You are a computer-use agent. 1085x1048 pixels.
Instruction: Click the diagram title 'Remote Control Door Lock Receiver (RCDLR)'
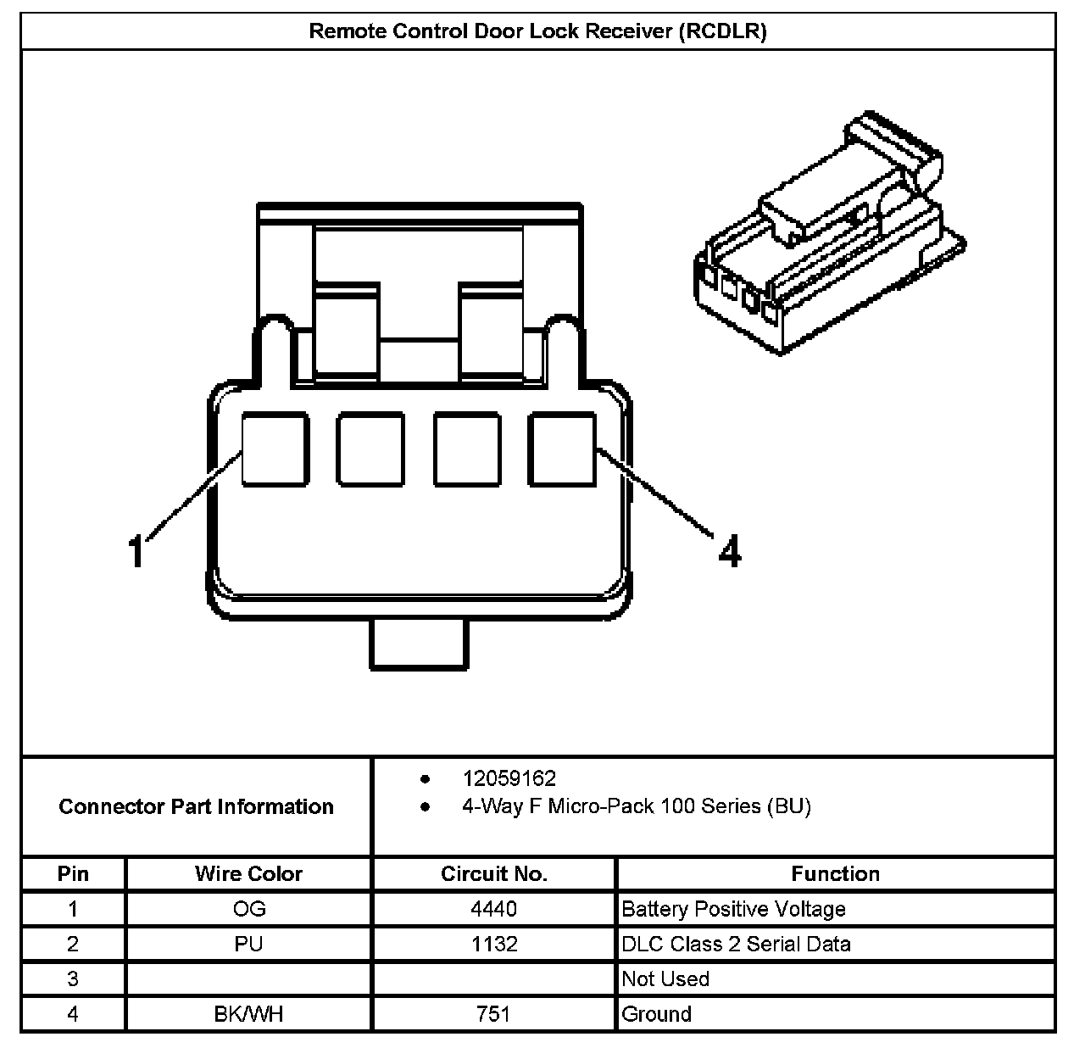537,31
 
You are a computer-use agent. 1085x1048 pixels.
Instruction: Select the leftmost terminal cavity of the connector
274,449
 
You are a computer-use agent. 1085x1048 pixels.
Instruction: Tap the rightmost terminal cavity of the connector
563,449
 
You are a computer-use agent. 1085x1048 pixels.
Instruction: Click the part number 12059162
509,778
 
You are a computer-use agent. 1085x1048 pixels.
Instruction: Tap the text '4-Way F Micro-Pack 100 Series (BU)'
636,806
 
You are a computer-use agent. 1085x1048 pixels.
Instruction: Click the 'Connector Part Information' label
196,806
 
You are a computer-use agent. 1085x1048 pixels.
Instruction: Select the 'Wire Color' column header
248,874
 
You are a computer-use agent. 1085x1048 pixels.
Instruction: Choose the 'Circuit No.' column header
494,874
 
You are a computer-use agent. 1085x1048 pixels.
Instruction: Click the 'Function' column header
835,874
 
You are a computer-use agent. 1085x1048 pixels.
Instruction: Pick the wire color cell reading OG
248,910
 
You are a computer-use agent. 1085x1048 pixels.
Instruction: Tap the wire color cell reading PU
248,945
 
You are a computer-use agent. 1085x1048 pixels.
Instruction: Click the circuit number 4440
494,910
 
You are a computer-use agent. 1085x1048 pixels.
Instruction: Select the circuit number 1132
494,945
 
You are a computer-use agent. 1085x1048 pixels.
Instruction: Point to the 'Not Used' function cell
665,979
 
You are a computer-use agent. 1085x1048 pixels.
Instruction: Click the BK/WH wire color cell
248,1014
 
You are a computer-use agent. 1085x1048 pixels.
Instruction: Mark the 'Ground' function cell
657,1014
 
